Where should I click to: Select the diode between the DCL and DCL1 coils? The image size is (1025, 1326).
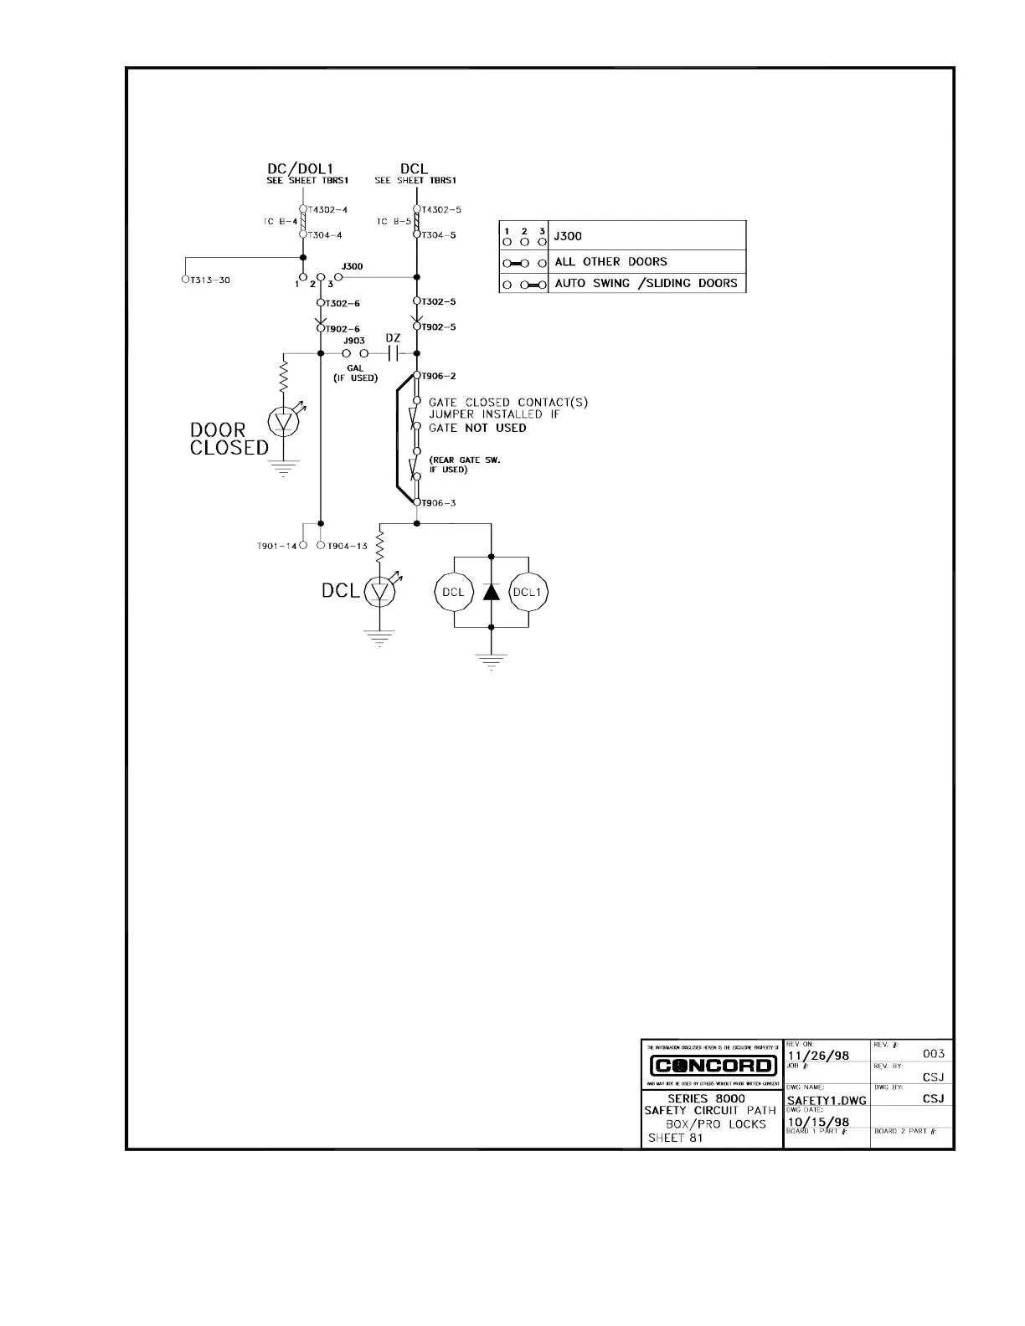click(492, 591)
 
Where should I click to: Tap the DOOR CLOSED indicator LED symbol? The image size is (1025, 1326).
click(284, 422)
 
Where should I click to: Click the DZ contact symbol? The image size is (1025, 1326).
click(394, 353)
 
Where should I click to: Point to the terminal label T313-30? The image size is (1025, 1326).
click(209, 280)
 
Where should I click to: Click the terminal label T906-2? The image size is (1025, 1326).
click(438, 376)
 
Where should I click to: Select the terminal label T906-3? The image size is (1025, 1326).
click(438, 502)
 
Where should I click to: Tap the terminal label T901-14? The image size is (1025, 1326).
click(276, 546)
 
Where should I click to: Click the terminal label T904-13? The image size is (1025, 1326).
click(347, 546)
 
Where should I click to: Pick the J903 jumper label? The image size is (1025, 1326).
click(353, 341)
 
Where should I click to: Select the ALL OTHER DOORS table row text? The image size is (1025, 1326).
click(610, 261)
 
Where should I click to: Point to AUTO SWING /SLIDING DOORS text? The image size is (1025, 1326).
click(646, 283)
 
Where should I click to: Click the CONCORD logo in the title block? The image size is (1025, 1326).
click(713, 1066)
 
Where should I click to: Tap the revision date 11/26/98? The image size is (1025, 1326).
click(818, 1056)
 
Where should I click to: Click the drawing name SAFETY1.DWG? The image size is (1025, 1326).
click(825, 1099)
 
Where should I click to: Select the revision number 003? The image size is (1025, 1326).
click(933, 1053)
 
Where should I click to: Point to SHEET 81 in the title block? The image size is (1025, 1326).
click(676, 1138)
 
